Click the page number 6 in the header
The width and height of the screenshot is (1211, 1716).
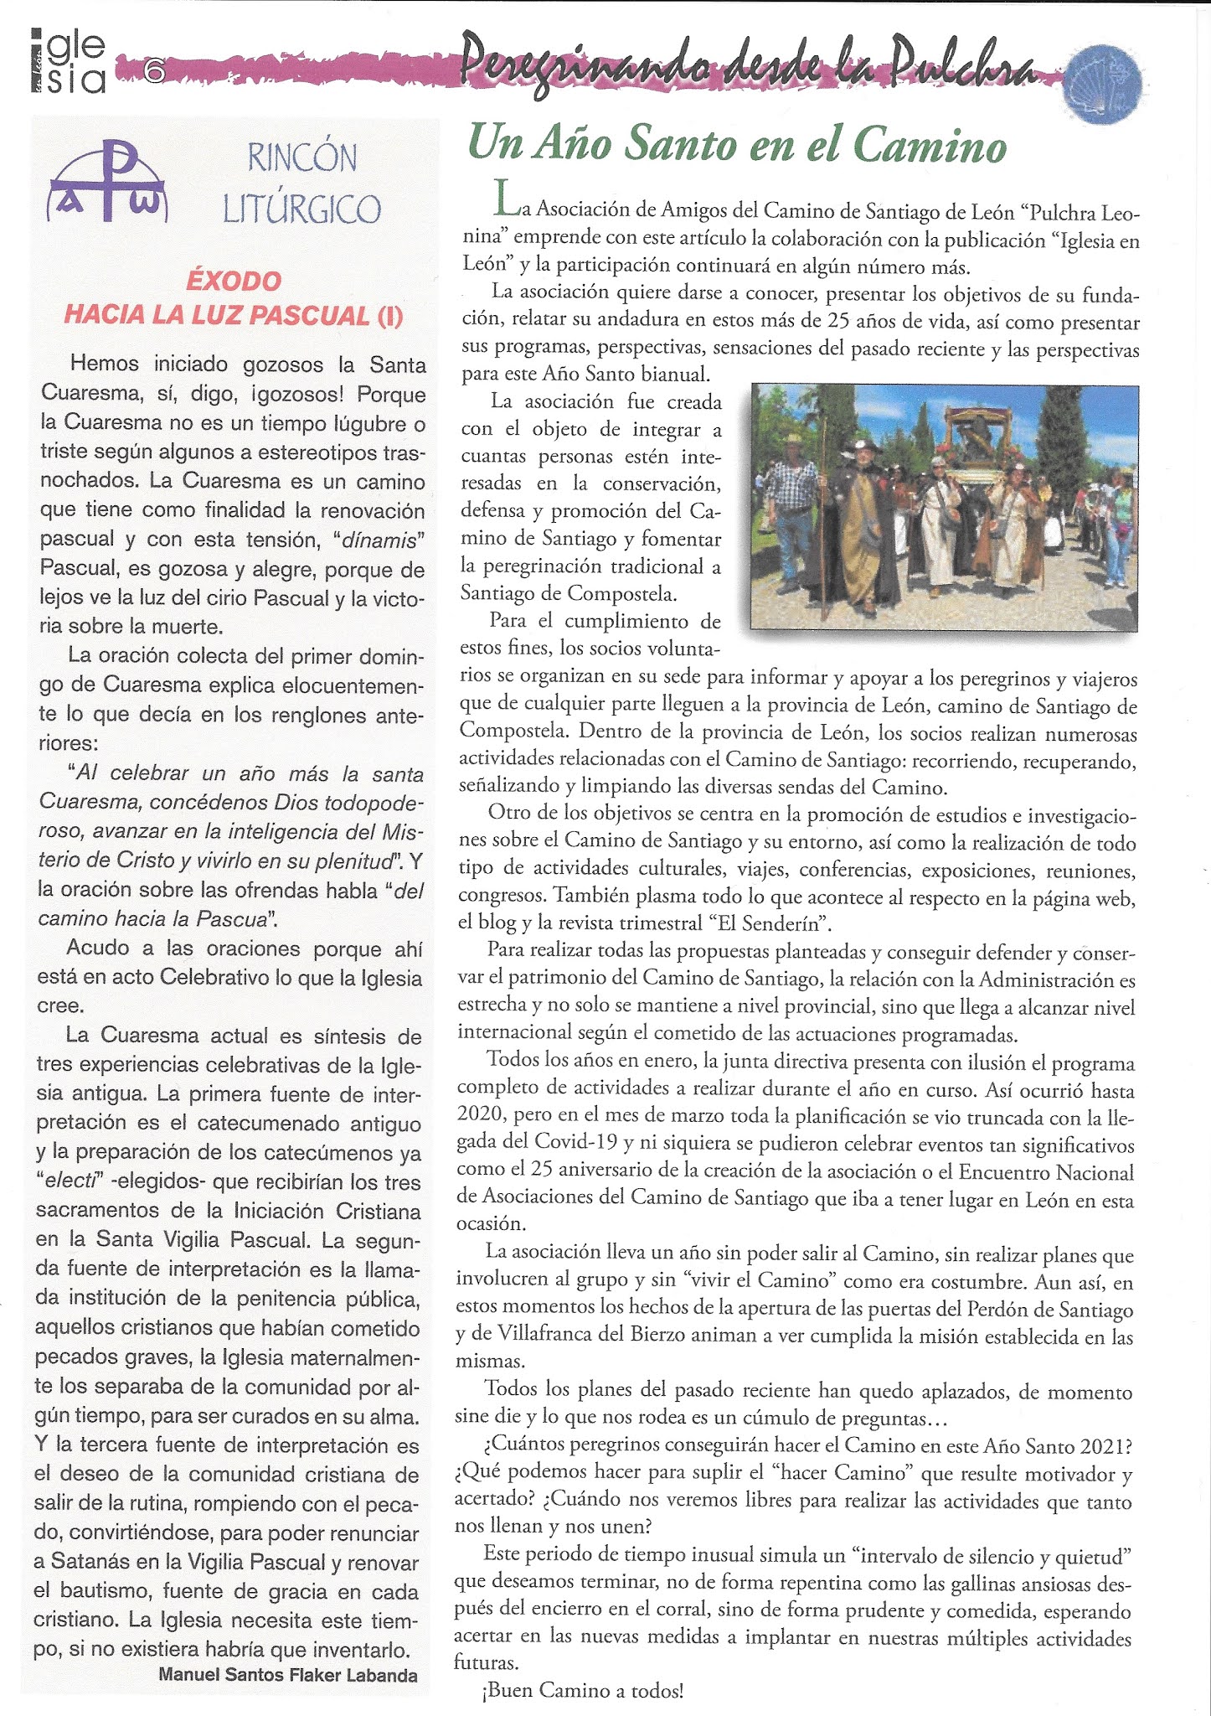154,70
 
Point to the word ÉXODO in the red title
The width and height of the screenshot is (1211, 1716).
234,281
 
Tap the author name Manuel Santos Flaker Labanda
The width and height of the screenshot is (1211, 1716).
287,1675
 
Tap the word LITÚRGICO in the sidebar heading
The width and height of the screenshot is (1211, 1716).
301,209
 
